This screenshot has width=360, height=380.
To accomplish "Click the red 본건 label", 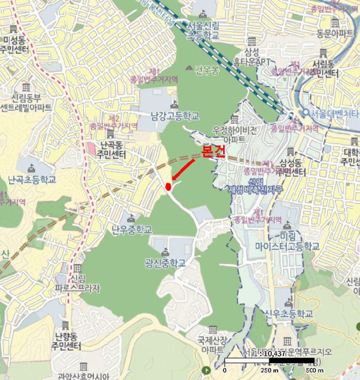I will (x=213, y=151).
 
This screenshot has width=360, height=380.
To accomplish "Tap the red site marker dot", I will (x=168, y=186).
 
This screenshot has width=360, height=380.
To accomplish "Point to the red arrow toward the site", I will (x=184, y=169).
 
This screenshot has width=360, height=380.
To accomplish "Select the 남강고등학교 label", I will (x=175, y=116).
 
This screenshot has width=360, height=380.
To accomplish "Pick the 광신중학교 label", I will (x=165, y=263).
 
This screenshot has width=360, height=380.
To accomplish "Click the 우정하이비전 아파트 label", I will (x=235, y=135).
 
